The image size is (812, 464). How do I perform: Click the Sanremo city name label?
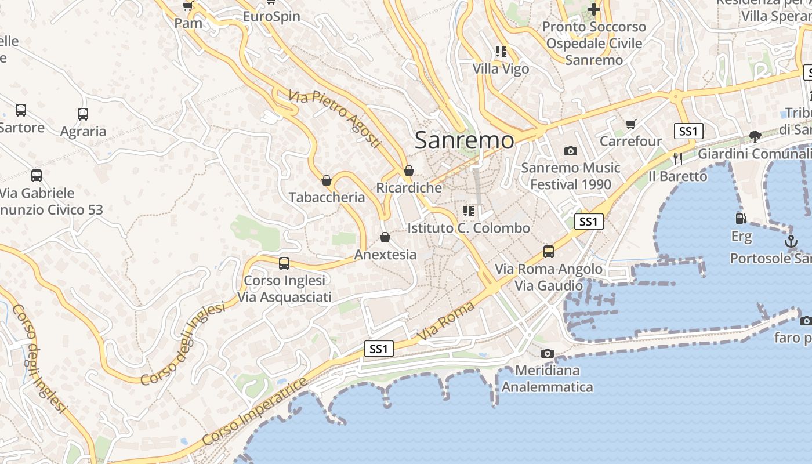[x=464, y=140]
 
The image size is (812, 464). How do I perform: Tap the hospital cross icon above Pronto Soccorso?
[x=594, y=9]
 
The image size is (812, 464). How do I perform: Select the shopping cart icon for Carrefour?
[x=631, y=124]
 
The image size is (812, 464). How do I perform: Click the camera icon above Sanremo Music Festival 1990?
[x=571, y=151]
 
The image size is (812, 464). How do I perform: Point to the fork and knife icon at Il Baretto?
[x=678, y=158]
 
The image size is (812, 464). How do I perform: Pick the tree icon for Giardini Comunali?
[x=755, y=137]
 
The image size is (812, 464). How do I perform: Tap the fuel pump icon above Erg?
[x=741, y=219]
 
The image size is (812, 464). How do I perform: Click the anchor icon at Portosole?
[x=791, y=241]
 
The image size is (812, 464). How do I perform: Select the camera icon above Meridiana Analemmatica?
[x=547, y=353]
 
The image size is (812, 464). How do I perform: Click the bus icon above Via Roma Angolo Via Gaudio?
[x=549, y=252]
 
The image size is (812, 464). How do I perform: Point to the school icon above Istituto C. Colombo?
[x=469, y=211]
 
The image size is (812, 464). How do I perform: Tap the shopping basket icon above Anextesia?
[x=385, y=237]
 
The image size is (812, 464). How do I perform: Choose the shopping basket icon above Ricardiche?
[x=409, y=171]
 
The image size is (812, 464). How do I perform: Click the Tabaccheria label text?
[x=327, y=197]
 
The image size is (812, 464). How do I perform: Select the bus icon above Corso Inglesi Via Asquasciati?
[x=284, y=263]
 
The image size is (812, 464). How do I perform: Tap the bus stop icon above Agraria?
[x=83, y=114]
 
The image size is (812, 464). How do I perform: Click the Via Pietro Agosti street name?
[x=335, y=118]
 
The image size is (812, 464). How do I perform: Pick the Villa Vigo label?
[x=501, y=69]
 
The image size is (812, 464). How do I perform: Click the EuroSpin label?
[x=271, y=16]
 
